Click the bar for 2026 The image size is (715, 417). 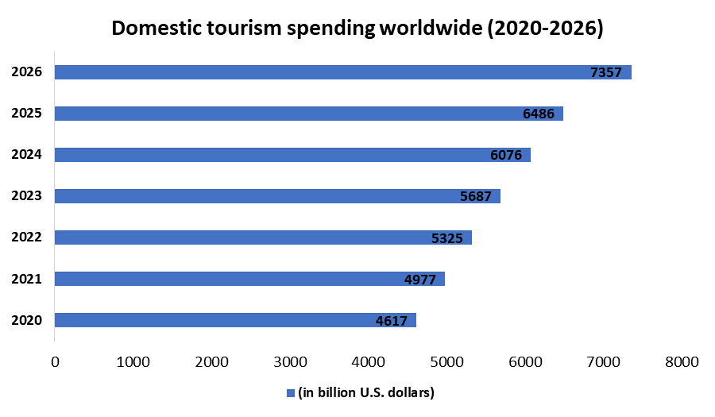(342, 72)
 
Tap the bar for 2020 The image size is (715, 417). (234, 320)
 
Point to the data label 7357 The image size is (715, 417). (606, 73)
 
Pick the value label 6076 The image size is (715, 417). (506, 156)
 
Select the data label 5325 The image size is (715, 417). (446, 238)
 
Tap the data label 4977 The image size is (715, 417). (419, 280)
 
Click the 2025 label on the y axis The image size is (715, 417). (26, 113)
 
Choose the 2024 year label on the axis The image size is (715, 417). (26, 154)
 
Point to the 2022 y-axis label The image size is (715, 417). (26, 237)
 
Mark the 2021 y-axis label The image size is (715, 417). (26, 279)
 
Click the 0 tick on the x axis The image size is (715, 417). (55, 362)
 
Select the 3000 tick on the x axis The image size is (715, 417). (290, 362)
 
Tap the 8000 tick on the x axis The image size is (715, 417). (681, 362)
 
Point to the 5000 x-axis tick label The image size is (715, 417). (446, 362)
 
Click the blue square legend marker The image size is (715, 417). (291, 392)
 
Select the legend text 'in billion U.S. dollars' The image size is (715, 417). (366, 392)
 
